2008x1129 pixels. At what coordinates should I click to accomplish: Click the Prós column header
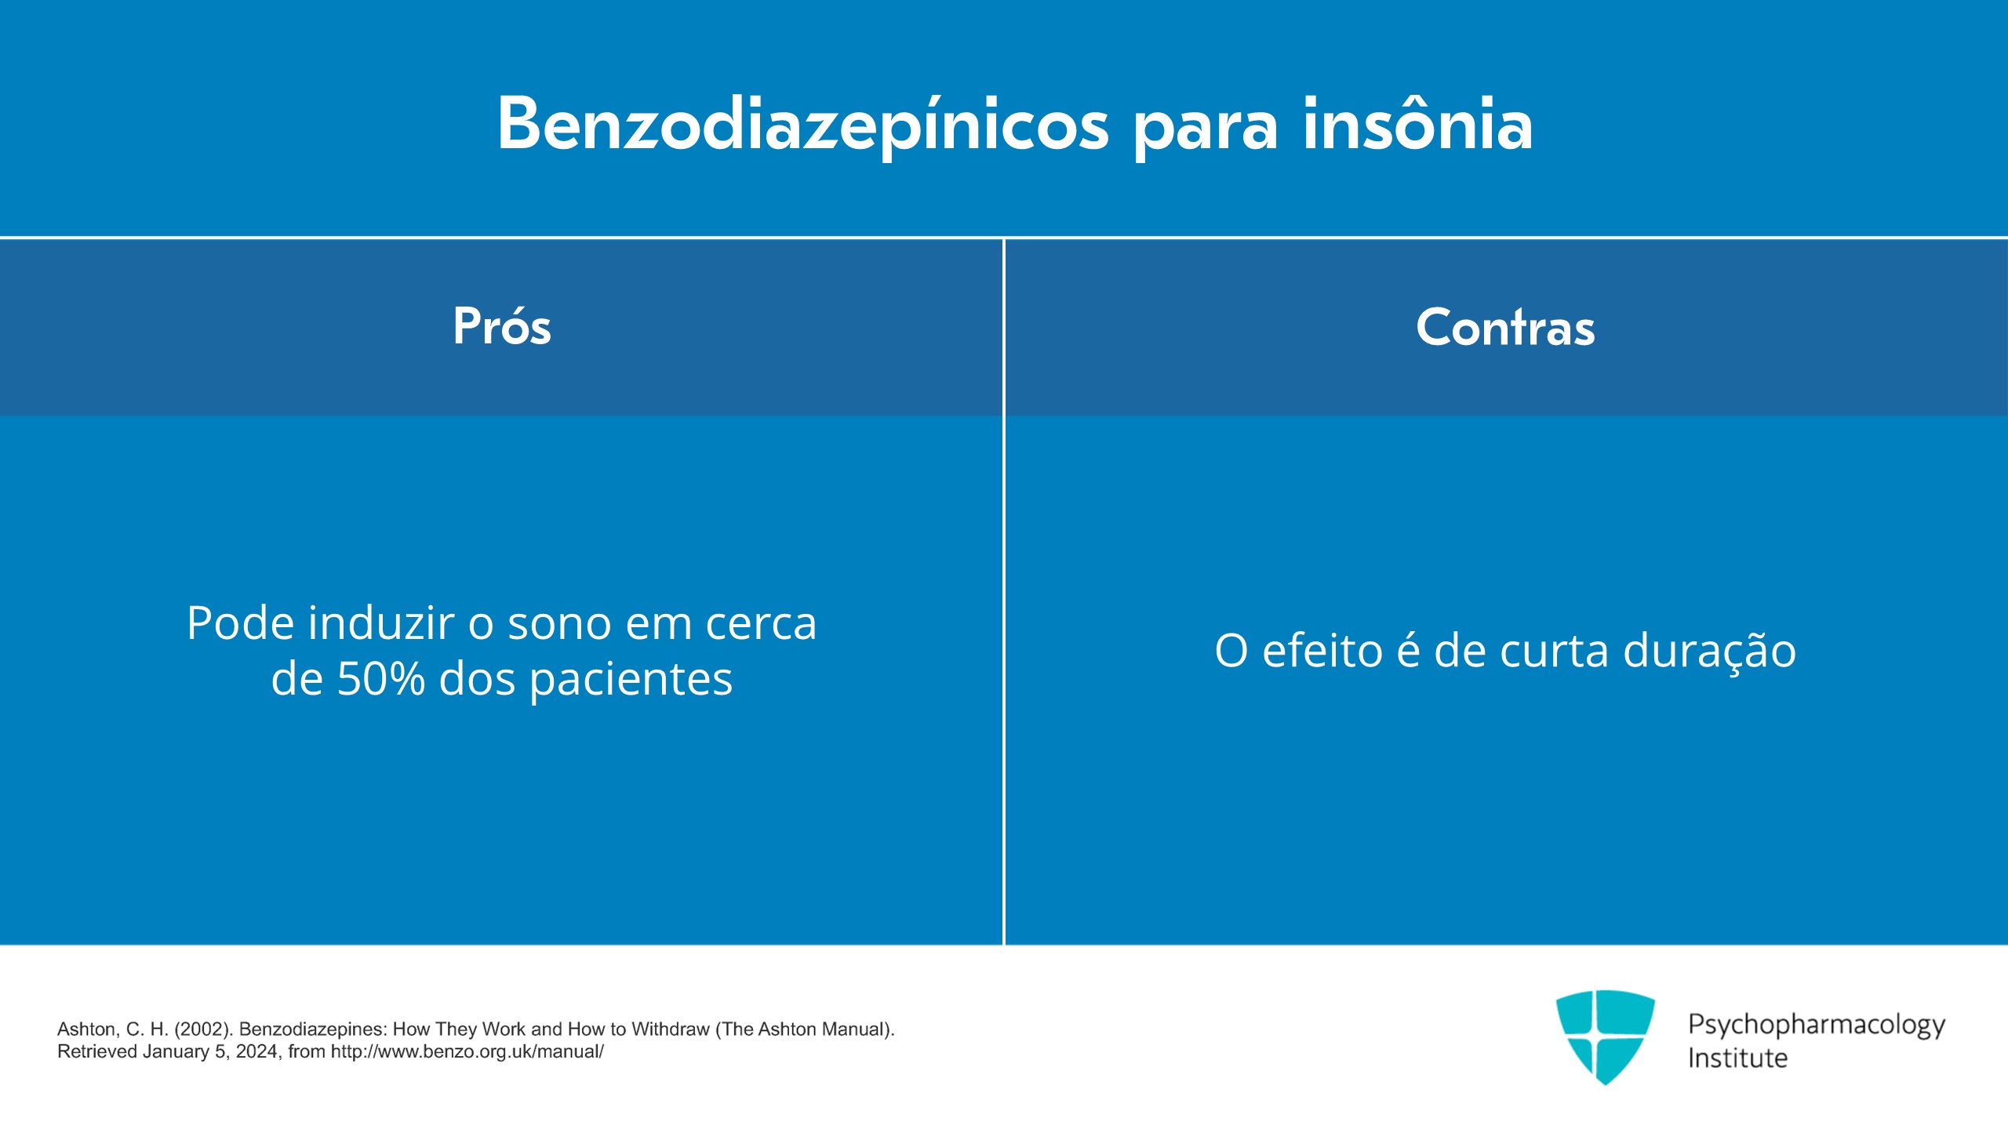click(x=502, y=326)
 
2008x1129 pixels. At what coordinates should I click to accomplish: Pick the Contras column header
click(x=1505, y=326)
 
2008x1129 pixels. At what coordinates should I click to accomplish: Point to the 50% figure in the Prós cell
click(x=380, y=679)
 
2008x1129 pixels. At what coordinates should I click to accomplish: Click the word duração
click(x=1709, y=652)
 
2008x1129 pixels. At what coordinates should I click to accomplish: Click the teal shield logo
click(x=1605, y=1036)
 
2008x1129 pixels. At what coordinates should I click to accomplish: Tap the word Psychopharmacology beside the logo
click(x=1817, y=1026)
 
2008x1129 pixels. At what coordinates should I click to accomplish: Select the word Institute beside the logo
click(x=1737, y=1058)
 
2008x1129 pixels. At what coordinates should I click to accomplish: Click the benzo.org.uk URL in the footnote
click(x=467, y=1052)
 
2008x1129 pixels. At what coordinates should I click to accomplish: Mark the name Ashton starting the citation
click(x=86, y=1029)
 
